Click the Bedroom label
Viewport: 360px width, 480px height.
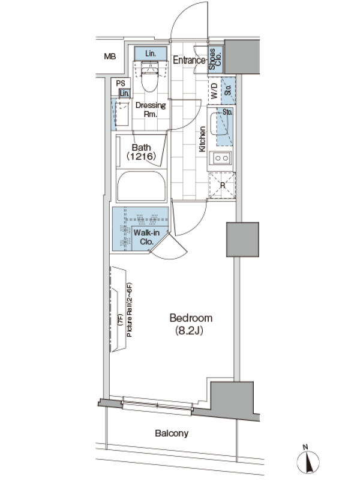[x=191, y=318]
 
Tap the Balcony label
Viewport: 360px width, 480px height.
[x=172, y=433]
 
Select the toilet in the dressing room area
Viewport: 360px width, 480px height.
[x=150, y=77]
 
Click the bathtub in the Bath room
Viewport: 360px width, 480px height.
[x=142, y=186]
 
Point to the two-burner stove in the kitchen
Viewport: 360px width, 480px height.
[x=221, y=158]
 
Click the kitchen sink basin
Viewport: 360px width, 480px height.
[x=219, y=124]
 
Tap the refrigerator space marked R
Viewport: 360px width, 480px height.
[x=222, y=185]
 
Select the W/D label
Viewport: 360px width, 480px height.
[x=214, y=91]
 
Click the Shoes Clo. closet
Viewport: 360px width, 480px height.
[x=215, y=59]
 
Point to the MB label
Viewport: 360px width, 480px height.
[x=110, y=56]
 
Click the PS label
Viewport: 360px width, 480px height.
[x=121, y=83]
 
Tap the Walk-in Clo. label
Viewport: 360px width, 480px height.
[x=146, y=237]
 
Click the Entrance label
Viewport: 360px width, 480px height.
[x=189, y=61]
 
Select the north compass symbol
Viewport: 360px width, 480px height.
[x=308, y=461]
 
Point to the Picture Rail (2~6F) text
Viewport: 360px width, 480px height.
[x=130, y=310]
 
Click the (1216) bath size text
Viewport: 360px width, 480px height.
[x=142, y=157]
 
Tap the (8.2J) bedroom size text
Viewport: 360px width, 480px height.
[x=189, y=331]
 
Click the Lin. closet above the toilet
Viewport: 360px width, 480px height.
[x=151, y=53]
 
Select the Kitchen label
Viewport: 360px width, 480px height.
[x=202, y=139]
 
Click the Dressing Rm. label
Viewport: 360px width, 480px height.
[x=151, y=110]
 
